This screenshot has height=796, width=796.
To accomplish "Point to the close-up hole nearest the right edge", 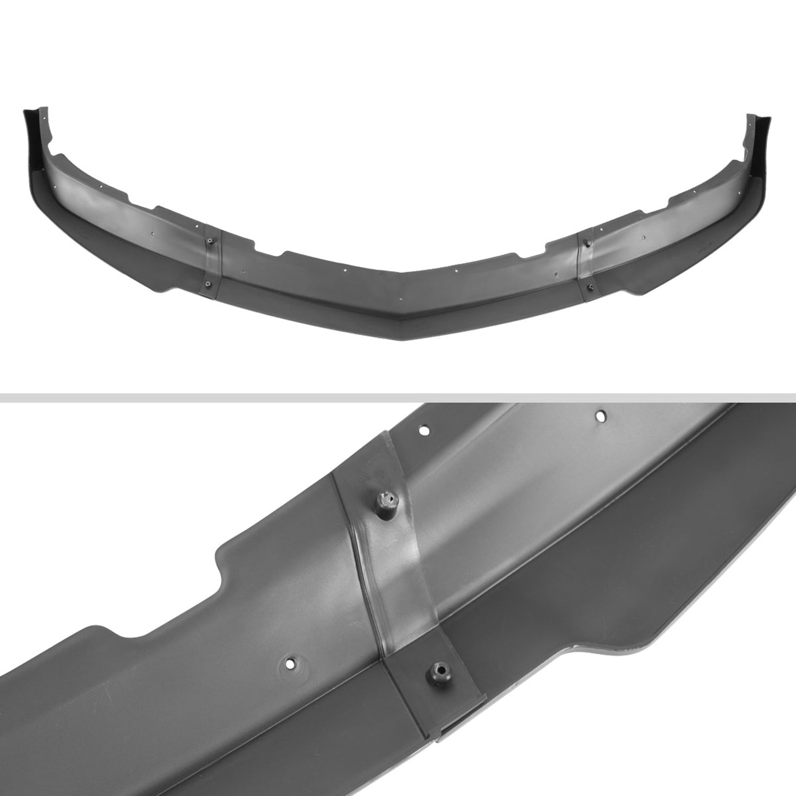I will tap(601, 416).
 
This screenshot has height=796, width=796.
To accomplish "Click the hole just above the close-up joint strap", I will tap(424, 429).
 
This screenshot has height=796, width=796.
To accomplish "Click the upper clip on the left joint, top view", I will tap(211, 243).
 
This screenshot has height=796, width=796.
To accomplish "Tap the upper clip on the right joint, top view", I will tap(587, 243).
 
